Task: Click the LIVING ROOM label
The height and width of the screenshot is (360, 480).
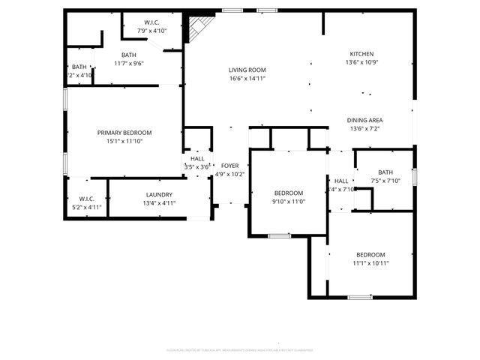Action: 247,70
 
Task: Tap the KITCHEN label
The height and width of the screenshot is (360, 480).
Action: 361,53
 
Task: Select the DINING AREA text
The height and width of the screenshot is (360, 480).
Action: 365,120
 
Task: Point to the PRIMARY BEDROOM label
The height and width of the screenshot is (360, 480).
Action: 124,133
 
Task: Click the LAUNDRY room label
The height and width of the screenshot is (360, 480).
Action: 159,194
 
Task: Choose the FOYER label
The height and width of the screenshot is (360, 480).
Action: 229,166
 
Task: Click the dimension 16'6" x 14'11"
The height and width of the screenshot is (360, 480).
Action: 247,78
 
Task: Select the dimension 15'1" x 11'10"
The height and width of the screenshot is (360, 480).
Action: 124,141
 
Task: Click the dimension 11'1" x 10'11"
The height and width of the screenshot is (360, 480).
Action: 370,262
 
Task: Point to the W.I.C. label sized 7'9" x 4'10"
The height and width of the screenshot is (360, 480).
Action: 151,22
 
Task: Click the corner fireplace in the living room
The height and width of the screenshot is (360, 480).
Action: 198,31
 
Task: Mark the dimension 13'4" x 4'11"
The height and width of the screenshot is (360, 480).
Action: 159,203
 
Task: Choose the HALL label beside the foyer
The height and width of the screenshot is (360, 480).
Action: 197,158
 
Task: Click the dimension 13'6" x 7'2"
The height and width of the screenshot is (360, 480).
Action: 365,128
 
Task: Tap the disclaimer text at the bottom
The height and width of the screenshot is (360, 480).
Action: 239,350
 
